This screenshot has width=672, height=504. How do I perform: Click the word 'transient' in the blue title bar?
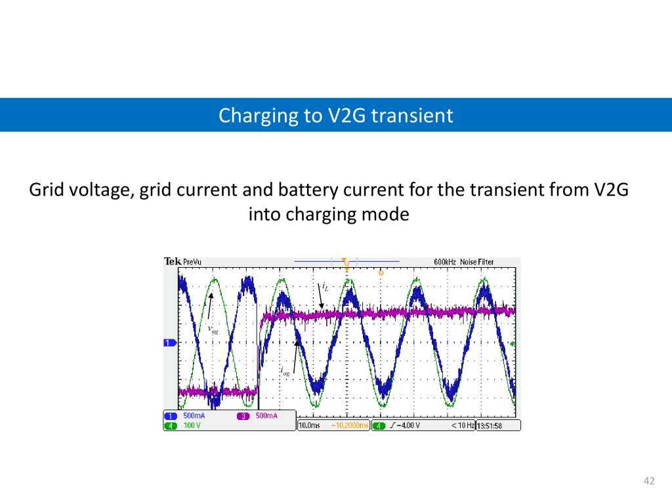pyautogui.click(x=412, y=115)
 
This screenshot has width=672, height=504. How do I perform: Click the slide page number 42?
pyautogui.click(x=649, y=481)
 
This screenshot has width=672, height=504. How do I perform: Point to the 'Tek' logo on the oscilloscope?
pyautogui.click(x=173, y=261)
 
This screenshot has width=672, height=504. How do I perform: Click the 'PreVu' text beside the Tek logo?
pyautogui.click(x=192, y=262)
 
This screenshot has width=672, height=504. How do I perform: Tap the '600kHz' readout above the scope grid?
pyautogui.click(x=445, y=262)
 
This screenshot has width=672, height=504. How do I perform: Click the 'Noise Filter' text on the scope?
pyautogui.click(x=477, y=262)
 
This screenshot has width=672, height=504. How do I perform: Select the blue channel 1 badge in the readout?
pyautogui.click(x=171, y=416)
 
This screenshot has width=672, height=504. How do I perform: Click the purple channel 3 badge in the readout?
pyautogui.click(x=243, y=416)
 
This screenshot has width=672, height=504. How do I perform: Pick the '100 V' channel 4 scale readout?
pyautogui.click(x=192, y=425)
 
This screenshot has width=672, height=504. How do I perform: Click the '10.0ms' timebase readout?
pyautogui.click(x=309, y=425)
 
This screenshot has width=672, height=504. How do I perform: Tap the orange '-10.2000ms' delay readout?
pyautogui.click(x=350, y=425)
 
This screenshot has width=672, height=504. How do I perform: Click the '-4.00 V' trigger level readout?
pyautogui.click(x=408, y=425)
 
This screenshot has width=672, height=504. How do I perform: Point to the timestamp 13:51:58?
pyautogui.click(x=490, y=426)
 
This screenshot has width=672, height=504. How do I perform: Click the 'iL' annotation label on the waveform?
pyautogui.click(x=325, y=287)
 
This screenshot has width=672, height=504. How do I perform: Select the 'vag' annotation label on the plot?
pyautogui.click(x=213, y=329)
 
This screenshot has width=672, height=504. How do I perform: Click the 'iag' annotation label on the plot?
pyautogui.click(x=285, y=371)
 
